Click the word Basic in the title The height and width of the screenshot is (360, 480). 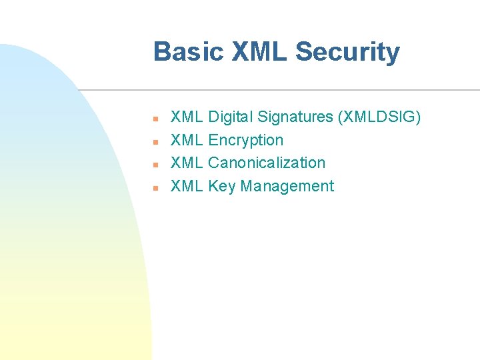click(189, 52)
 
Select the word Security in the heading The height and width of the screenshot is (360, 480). click(347, 52)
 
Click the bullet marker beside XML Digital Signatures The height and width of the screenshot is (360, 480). click(154, 119)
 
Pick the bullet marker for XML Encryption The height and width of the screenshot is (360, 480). click(154, 141)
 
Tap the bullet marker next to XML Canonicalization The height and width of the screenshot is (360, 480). click(154, 164)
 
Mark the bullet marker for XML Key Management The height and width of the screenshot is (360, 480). click(154, 187)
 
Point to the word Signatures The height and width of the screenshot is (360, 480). click(294, 117)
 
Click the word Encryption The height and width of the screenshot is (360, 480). click(246, 140)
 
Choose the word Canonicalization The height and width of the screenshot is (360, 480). click(267, 163)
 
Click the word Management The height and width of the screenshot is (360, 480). click(287, 186)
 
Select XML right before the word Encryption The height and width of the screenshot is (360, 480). click(187, 140)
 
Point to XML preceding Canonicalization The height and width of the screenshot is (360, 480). click(187, 163)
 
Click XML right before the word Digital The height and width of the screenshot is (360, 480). click(187, 117)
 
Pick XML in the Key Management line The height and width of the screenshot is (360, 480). click(187, 186)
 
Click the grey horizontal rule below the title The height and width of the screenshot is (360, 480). click(280, 90)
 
